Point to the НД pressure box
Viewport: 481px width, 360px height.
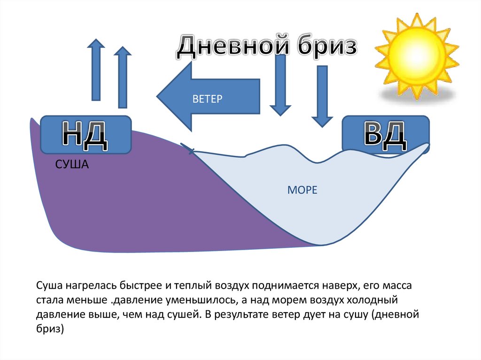tap(85, 135)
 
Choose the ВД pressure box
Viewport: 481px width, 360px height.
tap(385, 135)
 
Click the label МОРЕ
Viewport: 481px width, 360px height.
tap(302, 190)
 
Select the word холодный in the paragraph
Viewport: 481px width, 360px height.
tap(372, 299)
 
